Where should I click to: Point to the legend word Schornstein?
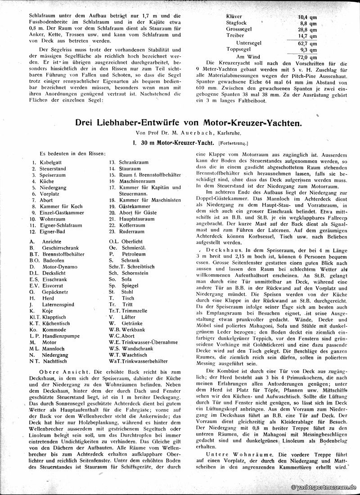(x=137, y=272)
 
